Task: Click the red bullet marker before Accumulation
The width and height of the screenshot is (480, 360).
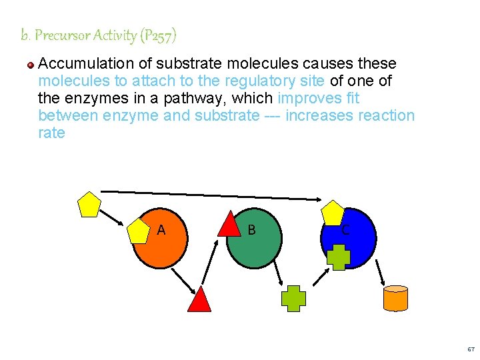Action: [31, 65]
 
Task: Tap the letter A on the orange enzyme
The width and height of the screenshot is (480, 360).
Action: [161, 231]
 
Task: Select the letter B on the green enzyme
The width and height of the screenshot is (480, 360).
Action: [251, 231]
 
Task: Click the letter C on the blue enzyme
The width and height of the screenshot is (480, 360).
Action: [345, 231]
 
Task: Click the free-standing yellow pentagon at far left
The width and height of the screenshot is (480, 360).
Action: [89, 205]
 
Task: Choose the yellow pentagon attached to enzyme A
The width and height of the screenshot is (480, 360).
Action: [139, 231]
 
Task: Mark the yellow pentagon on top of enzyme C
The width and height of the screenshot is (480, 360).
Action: [332, 213]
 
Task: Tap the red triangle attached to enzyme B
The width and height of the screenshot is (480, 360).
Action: [229, 225]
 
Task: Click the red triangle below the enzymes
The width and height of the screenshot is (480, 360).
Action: [199, 301]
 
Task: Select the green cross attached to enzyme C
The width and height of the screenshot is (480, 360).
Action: [338, 257]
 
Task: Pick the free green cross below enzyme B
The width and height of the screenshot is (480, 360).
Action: [293, 298]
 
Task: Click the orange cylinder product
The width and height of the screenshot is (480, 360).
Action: [395, 298]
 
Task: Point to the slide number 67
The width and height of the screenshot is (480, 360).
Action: [471, 349]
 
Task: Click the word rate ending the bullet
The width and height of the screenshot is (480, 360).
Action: [52, 133]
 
